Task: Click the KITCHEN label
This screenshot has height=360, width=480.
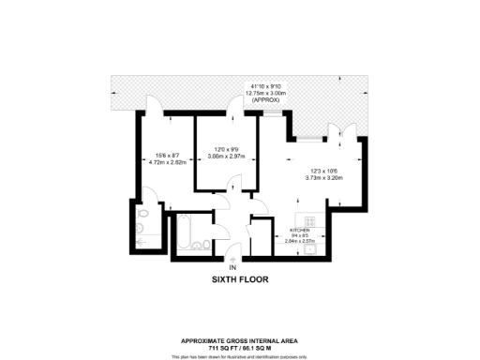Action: pos(300,230)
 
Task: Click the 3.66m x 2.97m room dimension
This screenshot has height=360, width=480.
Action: pos(226,157)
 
